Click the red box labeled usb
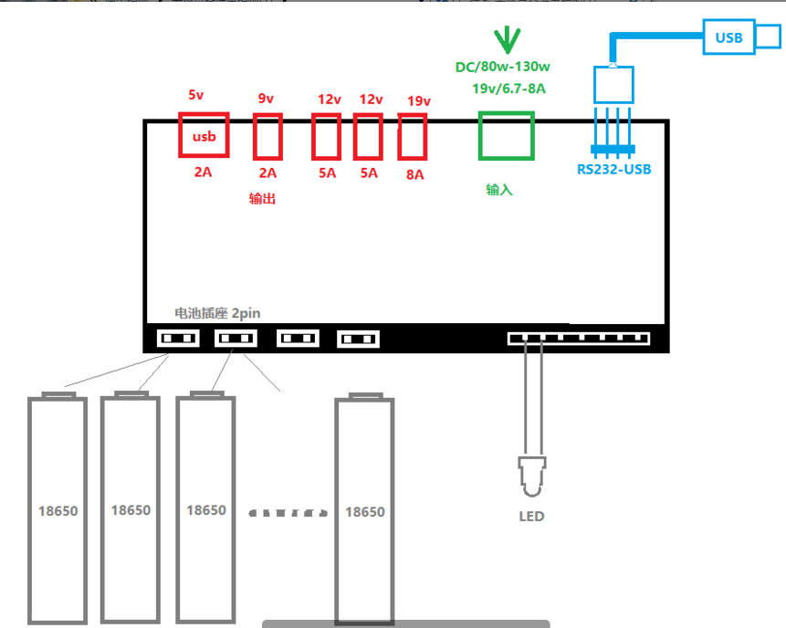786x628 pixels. (x=204, y=114)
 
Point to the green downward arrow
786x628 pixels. (x=507, y=40)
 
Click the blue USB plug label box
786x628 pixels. (x=728, y=37)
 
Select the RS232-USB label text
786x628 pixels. (x=614, y=170)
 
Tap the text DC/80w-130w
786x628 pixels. (x=503, y=67)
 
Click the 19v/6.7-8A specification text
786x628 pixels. (x=508, y=89)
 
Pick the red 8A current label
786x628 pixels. (x=415, y=174)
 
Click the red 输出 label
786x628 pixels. (x=262, y=198)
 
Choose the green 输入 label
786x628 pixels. (x=499, y=190)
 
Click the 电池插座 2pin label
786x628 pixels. (x=217, y=313)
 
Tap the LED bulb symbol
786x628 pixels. (x=532, y=476)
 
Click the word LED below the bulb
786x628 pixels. (x=531, y=517)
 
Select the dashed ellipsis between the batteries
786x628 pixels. (x=288, y=513)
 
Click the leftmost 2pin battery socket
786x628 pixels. (x=178, y=339)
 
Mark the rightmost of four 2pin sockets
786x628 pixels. (x=358, y=339)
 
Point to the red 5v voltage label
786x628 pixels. (x=196, y=95)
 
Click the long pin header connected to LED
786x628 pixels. (x=579, y=339)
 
